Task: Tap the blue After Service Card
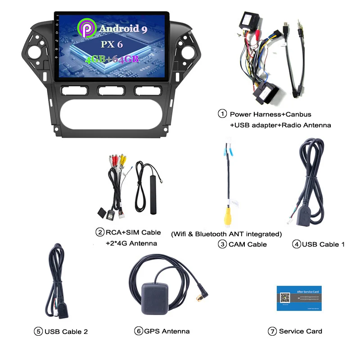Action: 299,298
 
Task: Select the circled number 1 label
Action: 222,114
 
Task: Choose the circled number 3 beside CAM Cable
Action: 222,244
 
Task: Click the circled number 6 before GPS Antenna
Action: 139,331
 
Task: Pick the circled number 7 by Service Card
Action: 272,331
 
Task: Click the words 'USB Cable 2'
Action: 66,332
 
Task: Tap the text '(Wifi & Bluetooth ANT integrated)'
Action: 227,234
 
